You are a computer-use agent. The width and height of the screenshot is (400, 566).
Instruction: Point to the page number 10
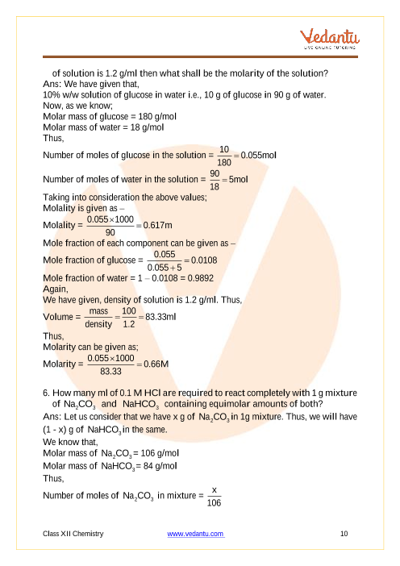344,534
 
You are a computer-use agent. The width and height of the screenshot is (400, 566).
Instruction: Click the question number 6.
45,393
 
